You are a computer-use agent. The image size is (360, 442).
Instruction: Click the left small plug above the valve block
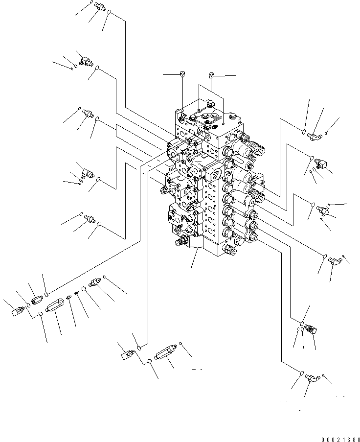point(182,74)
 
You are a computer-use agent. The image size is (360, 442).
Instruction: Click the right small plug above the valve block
point(211,75)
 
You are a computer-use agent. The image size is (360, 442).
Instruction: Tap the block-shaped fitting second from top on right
point(321,162)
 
